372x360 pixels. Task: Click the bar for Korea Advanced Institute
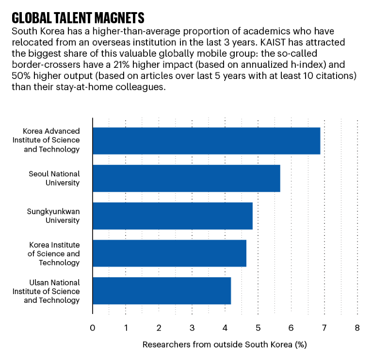tap(206, 141)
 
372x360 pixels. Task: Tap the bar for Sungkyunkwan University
tap(172, 216)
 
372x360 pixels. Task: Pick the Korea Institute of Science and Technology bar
tap(169, 253)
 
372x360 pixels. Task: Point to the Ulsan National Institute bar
tap(162, 291)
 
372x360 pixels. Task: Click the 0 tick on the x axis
tap(92, 328)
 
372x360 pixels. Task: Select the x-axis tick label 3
tap(192, 328)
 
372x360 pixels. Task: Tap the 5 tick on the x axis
tap(258, 328)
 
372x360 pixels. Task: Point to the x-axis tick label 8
tap(357, 328)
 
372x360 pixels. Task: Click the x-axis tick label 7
tap(324, 328)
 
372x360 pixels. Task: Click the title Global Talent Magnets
tap(78, 18)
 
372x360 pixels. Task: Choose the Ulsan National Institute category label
tap(52, 291)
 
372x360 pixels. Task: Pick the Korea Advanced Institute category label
tap(52, 141)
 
